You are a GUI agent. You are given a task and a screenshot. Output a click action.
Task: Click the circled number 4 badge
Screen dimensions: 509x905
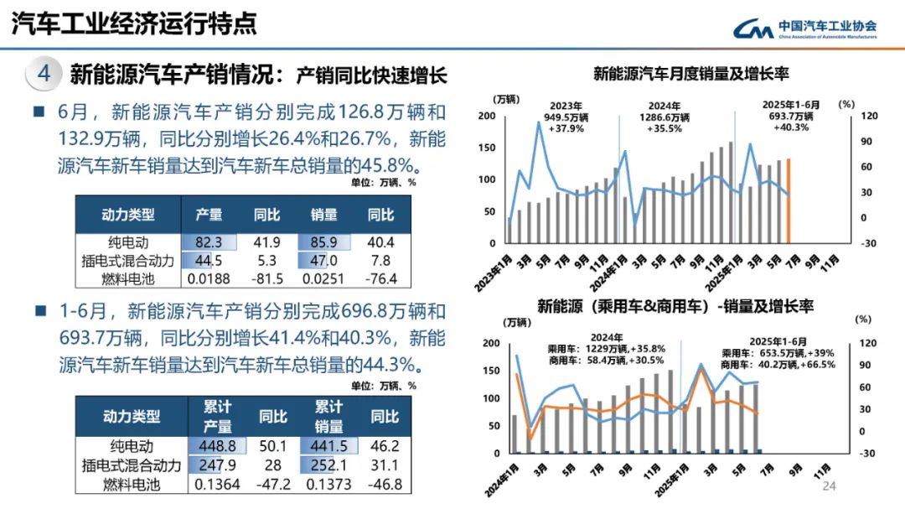coord(44,74)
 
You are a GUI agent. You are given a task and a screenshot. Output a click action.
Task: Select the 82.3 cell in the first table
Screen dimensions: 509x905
coord(209,243)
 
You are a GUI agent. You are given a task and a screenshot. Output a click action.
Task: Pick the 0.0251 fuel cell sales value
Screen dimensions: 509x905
coord(323,278)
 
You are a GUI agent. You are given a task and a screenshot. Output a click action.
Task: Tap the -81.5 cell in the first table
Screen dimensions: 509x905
coord(267,278)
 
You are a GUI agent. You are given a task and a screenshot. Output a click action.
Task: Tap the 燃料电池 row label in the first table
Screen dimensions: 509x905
coord(130,278)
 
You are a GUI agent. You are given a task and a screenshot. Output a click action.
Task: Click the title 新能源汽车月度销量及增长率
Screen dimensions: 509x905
coord(691,75)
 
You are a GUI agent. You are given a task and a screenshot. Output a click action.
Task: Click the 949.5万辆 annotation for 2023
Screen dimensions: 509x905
coord(566,117)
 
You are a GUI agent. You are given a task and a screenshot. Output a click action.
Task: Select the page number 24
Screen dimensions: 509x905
coord(830,487)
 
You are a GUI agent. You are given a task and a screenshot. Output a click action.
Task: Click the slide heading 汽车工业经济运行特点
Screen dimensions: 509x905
coord(134,24)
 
